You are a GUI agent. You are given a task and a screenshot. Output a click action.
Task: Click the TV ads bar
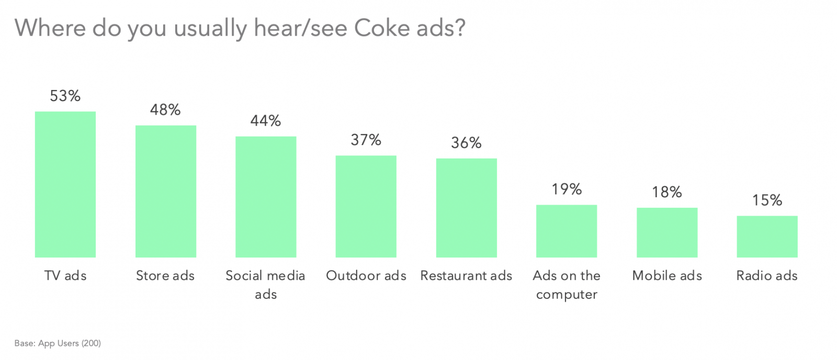coord(65,184)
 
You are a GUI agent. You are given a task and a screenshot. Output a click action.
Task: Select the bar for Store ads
coord(166,191)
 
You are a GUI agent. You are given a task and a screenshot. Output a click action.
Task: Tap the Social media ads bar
coord(266,197)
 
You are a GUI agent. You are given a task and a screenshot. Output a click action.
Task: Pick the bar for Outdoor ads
coord(366,206)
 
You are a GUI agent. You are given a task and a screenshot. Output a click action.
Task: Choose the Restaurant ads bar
coord(467,208)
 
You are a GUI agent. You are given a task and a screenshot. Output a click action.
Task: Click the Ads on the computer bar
coord(567,231)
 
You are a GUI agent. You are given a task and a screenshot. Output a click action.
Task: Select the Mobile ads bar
coord(667,232)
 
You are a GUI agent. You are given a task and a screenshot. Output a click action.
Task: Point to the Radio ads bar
coord(767,237)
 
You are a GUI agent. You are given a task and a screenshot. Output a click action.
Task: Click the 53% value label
coord(65,96)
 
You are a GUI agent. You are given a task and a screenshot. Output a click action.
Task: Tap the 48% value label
coord(165,109)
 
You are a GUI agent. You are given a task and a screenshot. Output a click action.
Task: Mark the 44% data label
coord(266,121)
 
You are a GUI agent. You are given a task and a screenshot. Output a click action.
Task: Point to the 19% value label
coord(567,189)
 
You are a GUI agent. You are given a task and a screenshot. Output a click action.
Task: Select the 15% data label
coord(767,200)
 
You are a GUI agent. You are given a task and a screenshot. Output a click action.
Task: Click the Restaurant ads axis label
coord(466,276)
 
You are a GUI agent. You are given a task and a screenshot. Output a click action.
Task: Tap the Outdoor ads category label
coord(366,276)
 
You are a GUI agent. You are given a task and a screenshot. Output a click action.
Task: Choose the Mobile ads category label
coord(667,276)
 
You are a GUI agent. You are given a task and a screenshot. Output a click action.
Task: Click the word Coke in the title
coord(382,28)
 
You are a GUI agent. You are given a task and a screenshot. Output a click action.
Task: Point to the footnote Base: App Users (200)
coord(58,343)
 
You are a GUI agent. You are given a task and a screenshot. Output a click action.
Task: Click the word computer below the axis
coord(567,295)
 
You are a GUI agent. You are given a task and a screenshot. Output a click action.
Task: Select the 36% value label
coord(466,143)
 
